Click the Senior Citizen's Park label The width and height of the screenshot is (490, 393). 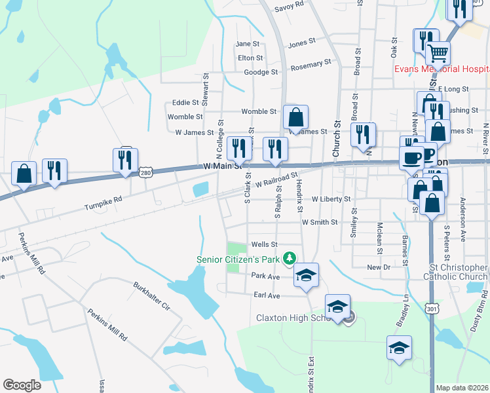[239, 259]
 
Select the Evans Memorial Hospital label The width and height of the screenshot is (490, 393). [441, 69]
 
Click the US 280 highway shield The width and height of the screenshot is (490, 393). [146, 171]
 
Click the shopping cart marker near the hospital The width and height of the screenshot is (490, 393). [438, 52]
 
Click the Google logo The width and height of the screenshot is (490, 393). [22, 385]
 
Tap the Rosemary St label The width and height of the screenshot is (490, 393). [310, 64]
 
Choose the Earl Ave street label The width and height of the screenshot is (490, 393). [267, 296]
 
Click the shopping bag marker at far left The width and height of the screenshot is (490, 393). [24, 174]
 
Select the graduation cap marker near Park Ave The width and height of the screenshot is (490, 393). [305, 275]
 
